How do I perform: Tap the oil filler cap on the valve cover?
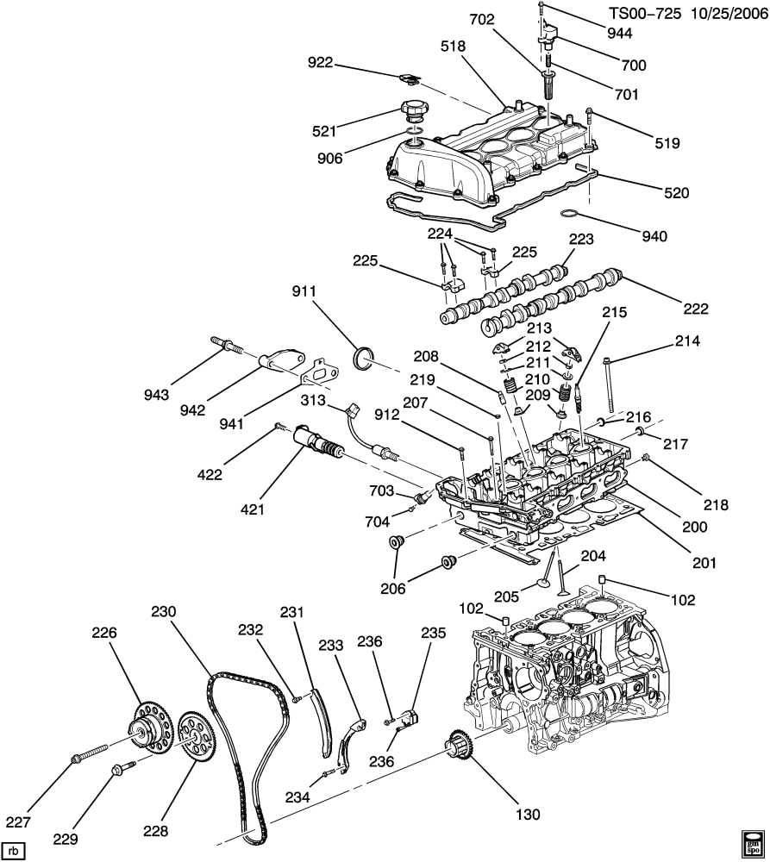[413, 113]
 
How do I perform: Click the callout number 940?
[654, 236]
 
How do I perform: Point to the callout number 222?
[696, 309]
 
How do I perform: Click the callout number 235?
[434, 633]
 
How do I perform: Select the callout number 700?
[634, 65]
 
